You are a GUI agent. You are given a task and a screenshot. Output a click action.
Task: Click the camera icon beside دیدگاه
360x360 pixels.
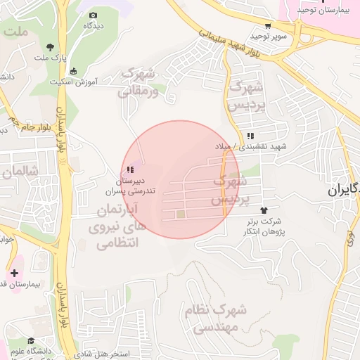(94, 15)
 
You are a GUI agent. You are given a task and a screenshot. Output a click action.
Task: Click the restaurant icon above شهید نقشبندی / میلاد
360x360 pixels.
(250, 136)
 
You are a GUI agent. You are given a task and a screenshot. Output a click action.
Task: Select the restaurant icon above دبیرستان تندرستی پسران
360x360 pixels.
(129, 169)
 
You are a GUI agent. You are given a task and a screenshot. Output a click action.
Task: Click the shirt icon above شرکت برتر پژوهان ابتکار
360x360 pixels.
(264, 210)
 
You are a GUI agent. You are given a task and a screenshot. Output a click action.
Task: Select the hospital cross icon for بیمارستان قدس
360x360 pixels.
(14, 272)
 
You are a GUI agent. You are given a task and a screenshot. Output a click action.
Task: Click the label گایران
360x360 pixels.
(344, 190)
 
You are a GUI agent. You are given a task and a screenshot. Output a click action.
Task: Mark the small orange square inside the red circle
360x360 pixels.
(180, 214)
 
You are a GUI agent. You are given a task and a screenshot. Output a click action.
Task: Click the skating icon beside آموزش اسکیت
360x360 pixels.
(74, 70)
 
